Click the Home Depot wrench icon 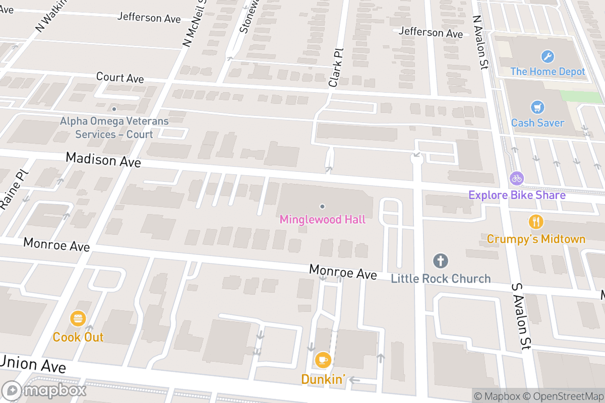(547, 56)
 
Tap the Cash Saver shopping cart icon (537, 107)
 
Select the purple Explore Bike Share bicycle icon (517, 178)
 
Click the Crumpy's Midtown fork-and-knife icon (536, 221)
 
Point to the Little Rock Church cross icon (441, 261)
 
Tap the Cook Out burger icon (78, 318)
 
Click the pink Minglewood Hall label (322, 220)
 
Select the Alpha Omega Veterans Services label (114, 127)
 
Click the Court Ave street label (119, 78)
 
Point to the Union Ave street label (33, 364)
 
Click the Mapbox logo (44, 390)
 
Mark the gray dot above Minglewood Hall (322, 206)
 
